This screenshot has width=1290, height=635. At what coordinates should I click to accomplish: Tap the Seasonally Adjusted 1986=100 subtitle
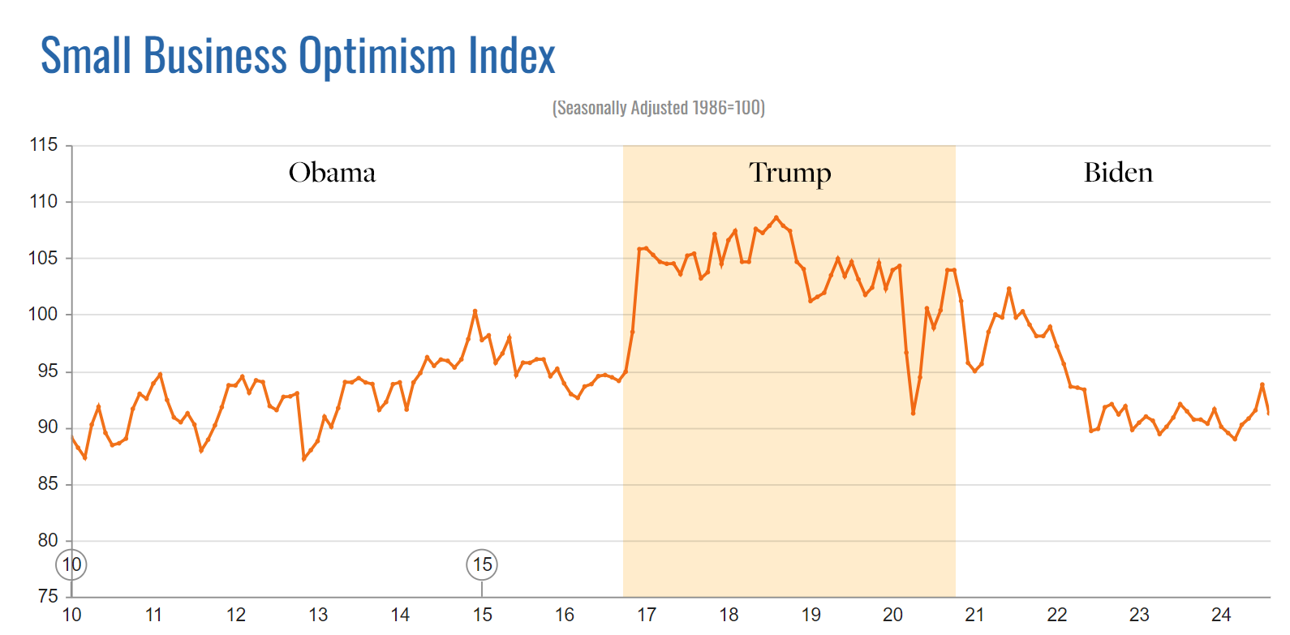pyautogui.click(x=658, y=108)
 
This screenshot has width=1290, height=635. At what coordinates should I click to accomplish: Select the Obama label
pyautogui.click(x=332, y=173)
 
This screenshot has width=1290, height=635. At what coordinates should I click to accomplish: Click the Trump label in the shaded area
pyautogui.click(x=789, y=173)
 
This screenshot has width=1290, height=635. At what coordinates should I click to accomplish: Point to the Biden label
pyautogui.click(x=1118, y=173)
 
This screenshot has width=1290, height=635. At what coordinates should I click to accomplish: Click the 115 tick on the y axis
pyautogui.click(x=44, y=145)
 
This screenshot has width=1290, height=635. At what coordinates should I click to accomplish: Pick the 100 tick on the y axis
pyautogui.click(x=44, y=315)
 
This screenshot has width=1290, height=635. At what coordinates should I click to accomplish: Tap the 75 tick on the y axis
pyautogui.click(x=48, y=596)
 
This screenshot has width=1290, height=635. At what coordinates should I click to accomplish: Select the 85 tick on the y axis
pyautogui.click(x=48, y=484)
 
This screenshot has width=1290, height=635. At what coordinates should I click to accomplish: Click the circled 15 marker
pyautogui.click(x=482, y=564)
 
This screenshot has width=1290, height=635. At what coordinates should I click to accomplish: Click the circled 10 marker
pyautogui.click(x=71, y=564)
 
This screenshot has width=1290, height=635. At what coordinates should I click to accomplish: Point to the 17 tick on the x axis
pyautogui.click(x=647, y=615)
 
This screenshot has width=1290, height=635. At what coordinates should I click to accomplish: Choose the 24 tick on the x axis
pyautogui.click(x=1221, y=615)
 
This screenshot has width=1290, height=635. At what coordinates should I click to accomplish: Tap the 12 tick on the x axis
pyautogui.click(x=236, y=615)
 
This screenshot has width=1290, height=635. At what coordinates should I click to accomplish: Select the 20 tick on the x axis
pyautogui.click(x=892, y=615)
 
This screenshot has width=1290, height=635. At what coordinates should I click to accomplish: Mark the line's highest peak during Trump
pyautogui.click(x=776, y=217)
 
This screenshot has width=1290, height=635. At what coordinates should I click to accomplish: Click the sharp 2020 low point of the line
pyautogui.click(x=914, y=413)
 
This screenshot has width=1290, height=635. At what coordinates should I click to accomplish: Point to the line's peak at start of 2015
pyautogui.click(x=475, y=311)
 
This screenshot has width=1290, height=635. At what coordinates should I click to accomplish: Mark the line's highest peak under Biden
pyautogui.click(x=1009, y=289)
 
